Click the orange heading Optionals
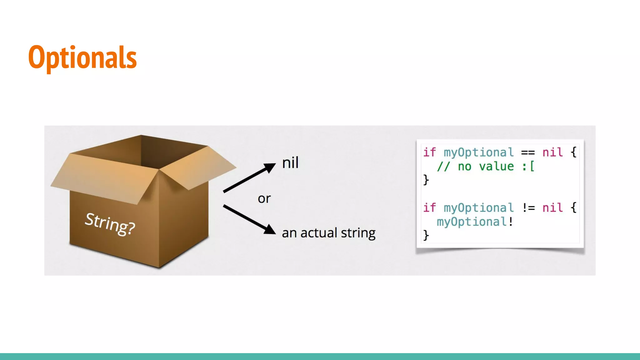(82, 57)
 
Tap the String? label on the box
(110, 223)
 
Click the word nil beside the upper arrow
(290, 163)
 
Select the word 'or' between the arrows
(264, 199)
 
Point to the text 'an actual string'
(328, 233)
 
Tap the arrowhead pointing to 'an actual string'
(269, 229)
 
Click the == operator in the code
(528, 153)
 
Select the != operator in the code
(528, 208)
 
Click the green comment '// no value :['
(486, 167)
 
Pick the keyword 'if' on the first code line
(429, 152)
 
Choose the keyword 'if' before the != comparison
(429, 208)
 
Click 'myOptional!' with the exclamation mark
(475, 222)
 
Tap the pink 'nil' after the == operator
(552, 152)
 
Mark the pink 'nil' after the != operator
(552, 208)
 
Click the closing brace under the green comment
(426, 180)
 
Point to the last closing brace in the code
(426, 235)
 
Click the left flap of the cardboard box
(103, 178)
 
